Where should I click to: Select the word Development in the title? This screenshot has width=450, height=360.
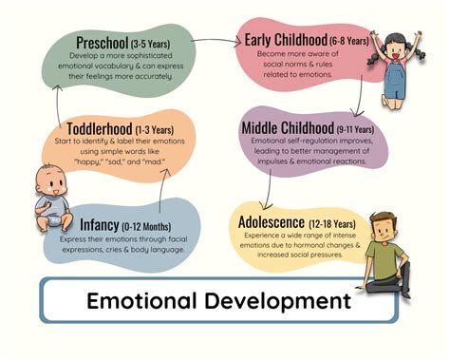tap(280, 302)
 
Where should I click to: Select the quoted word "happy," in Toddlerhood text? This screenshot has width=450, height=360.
tap(91, 161)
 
